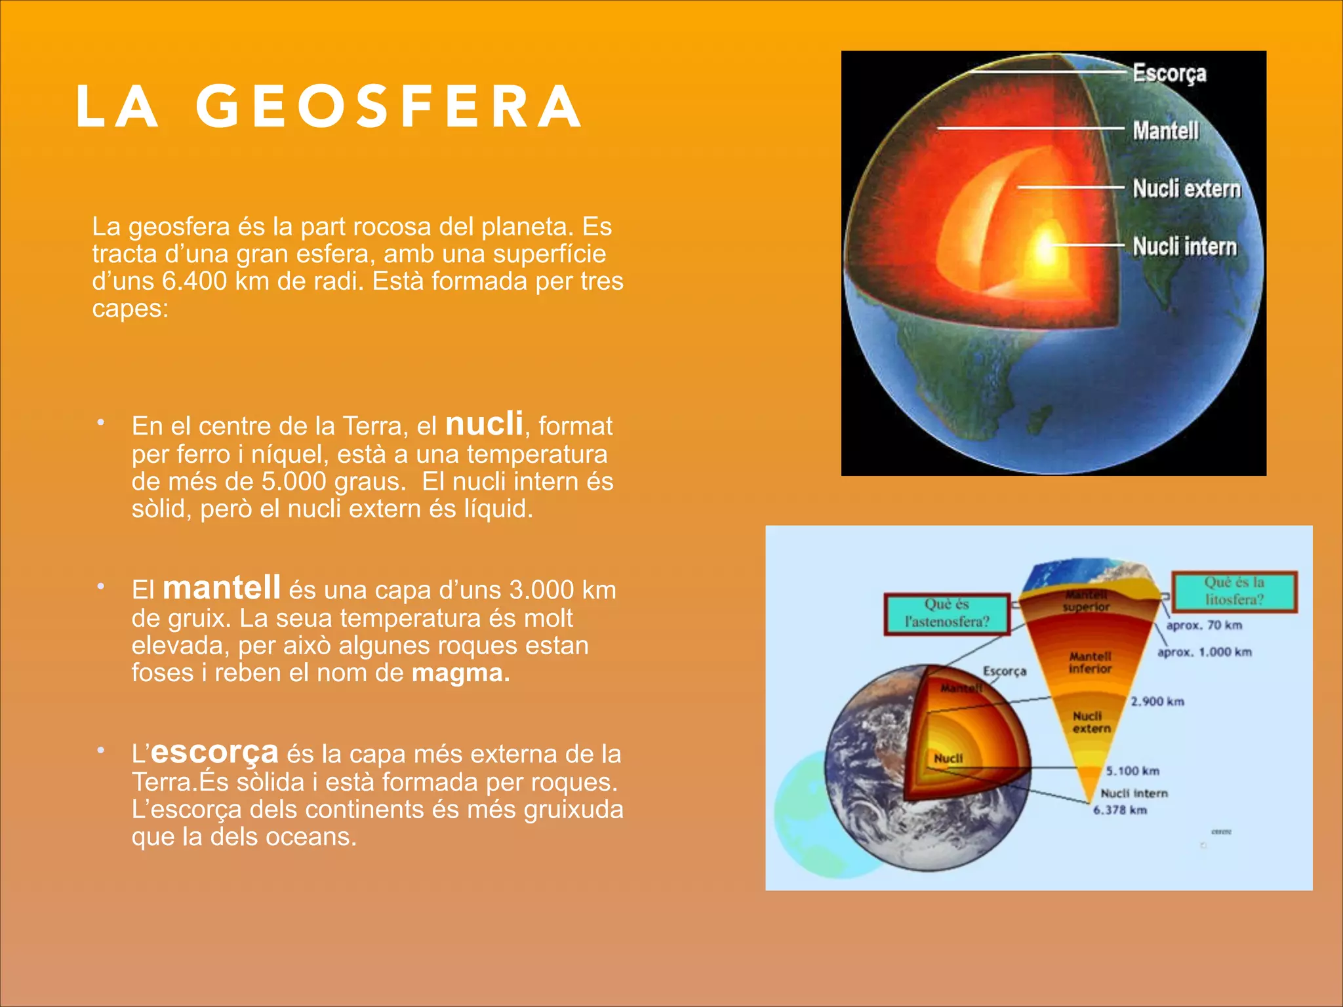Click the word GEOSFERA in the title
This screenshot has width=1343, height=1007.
[388, 106]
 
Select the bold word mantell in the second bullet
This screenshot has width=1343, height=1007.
[222, 587]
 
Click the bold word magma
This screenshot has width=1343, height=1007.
[460, 673]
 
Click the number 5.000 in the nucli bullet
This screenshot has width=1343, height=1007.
[294, 482]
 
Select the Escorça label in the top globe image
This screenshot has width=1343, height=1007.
[1169, 73]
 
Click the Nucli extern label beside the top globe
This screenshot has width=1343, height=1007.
[1187, 189]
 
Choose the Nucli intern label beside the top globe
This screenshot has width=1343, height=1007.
[1184, 247]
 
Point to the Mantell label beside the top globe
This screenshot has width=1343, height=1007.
[1165, 130]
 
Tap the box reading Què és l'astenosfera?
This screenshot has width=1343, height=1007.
[946, 614]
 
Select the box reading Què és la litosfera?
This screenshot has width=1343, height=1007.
[1233, 591]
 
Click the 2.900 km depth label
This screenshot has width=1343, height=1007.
[1157, 702]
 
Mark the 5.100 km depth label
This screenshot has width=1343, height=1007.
[1133, 771]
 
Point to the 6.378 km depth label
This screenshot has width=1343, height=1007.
[1120, 810]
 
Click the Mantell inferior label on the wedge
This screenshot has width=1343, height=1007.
[1090, 663]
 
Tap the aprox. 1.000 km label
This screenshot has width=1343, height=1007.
[1204, 652]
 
